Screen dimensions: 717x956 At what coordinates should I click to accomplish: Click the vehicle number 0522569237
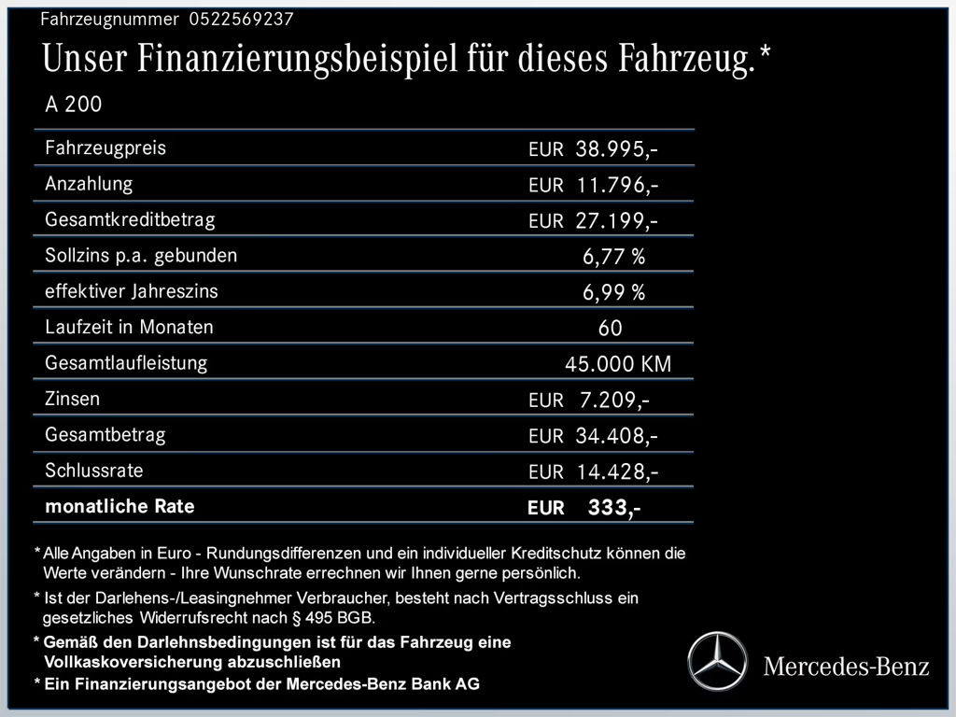point(240,19)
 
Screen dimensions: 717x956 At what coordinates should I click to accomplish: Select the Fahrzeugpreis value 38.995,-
point(618,149)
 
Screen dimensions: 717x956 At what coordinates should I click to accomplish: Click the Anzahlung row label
point(89,184)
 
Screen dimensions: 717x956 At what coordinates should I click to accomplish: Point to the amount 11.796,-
point(618,185)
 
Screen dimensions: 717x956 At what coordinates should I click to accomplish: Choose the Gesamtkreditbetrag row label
point(130,220)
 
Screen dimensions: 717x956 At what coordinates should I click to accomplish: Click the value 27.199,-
point(618,221)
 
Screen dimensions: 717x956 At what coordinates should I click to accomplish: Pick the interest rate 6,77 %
point(613,257)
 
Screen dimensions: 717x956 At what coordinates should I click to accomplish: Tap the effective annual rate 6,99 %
point(613,292)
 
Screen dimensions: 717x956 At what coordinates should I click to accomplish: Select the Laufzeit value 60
point(610,329)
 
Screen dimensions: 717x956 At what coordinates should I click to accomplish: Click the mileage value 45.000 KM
point(618,364)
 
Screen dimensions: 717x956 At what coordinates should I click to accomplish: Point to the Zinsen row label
point(72,400)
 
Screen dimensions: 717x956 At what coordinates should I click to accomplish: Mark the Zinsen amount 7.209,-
point(614,401)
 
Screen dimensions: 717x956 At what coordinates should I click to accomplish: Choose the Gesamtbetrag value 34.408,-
point(618,436)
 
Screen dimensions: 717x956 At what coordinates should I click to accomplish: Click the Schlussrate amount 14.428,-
point(618,471)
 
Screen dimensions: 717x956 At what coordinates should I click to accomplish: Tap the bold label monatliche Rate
point(119,507)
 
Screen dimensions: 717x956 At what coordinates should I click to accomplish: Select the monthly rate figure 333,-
point(613,508)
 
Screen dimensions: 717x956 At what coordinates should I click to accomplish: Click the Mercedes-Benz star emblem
point(718,661)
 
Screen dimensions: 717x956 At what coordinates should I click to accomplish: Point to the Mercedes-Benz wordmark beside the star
point(846,666)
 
